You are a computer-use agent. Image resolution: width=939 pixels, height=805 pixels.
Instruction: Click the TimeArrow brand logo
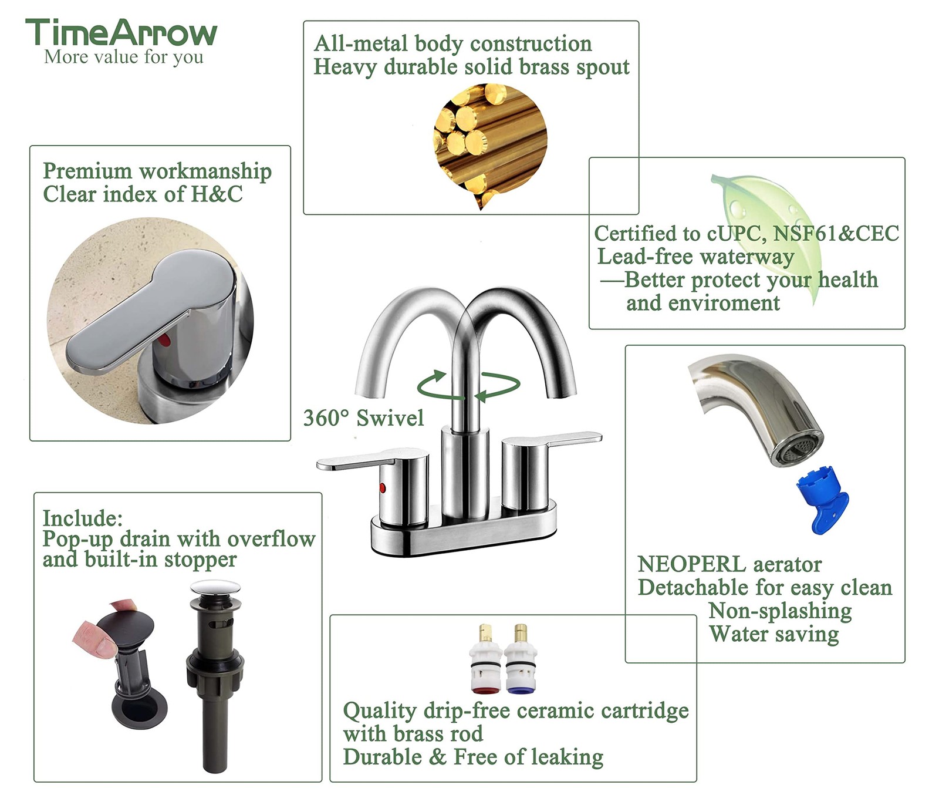pyautogui.click(x=121, y=33)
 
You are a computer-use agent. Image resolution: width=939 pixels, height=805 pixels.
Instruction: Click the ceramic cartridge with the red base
pyautogui.click(x=486, y=661)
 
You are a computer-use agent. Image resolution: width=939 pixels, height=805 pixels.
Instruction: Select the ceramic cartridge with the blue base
pyautogui.click(x=521, y=661)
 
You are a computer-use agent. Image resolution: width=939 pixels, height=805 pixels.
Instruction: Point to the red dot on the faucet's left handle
pyautogui.click(x=383, y=487)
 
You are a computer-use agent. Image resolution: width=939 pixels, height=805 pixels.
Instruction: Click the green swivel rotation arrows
pyautogui.click(x=468, y=385)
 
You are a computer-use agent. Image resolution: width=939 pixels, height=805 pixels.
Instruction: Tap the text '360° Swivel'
pyautogui.click(x=363, y=418)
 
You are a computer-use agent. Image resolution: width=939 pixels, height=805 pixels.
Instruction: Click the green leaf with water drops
pyautogui.click(x=769, y=229)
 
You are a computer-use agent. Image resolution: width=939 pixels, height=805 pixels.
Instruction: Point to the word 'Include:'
pyautogui.click(x=83, y=518)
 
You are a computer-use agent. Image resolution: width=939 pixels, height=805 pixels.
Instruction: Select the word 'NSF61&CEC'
pyautogui.click(x=836, y=234)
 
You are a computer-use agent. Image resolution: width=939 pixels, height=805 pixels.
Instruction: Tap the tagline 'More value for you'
pyautogui.click(x=124, y=57)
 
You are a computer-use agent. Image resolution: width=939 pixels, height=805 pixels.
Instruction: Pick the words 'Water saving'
pyautogui.click(x=774, y=634)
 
